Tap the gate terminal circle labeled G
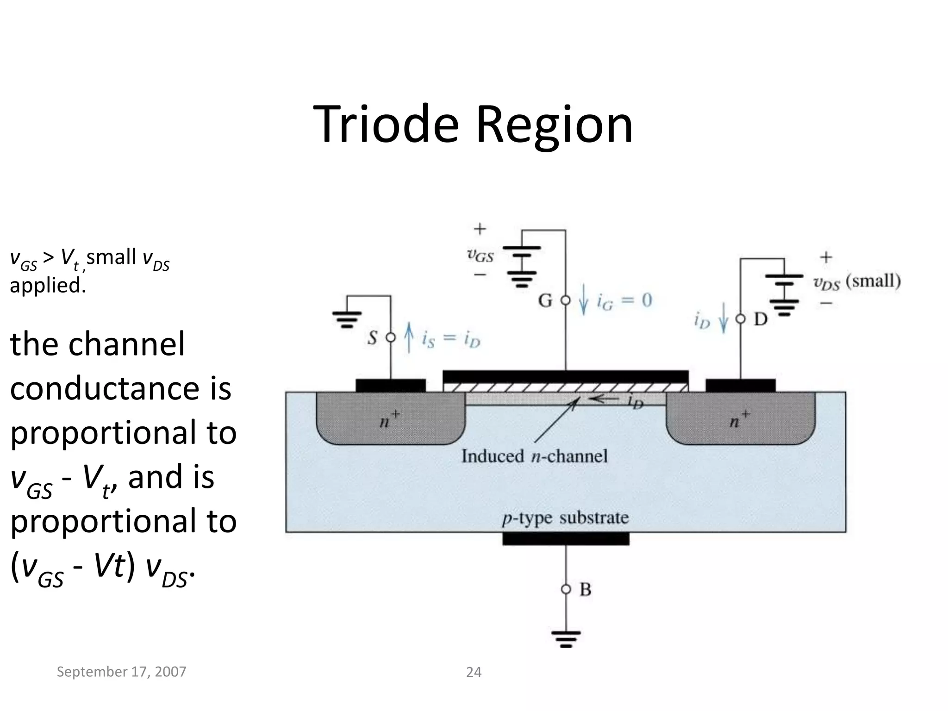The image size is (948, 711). pyautogui.click(x=566, y=300)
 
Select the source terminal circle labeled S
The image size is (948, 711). pyautogui.click(x=391, y=337)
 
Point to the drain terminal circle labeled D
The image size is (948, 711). pyautogui.click(x=741, y=319)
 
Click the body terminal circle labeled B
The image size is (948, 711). pyautogui.click(x=566, y=589)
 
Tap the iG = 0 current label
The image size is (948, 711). pyautogui.click(x=624, y=301)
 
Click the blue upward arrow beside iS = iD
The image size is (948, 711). pyautogui.click(x=409, y=337)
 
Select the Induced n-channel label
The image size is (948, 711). pyautogui.click(x=534, y=456)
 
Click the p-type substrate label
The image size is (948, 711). pyautogui.click(x=565, y=518)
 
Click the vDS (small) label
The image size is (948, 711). pyautogui.click(x=857, y=282)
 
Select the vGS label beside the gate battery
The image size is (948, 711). pyautogui.click(x=480, y=255)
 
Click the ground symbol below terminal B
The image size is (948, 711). pyautogui.click(x=566, y=639)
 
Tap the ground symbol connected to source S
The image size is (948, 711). pyautogui.click(x=347, y=319)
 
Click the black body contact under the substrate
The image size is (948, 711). pyautogui.click(x=566, y=539)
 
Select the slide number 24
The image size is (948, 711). pyautogui.click(x=474, y=672)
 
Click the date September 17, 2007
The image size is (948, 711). pyautogui.click(x=121, y=672)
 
